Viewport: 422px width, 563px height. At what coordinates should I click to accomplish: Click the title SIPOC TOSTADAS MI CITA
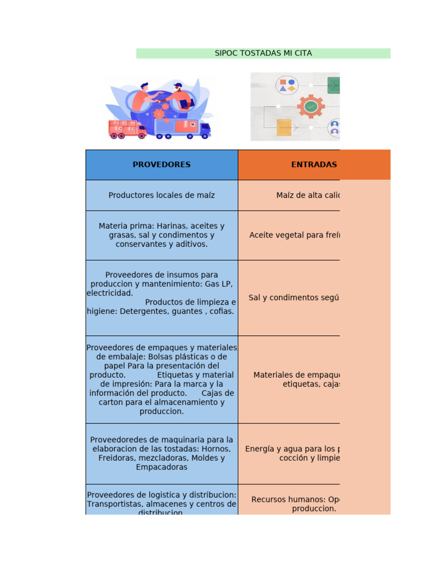click(263, 53)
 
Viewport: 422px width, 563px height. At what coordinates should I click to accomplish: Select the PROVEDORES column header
click(162, 165)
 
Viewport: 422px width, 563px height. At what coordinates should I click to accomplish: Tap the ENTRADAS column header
click(314, 165)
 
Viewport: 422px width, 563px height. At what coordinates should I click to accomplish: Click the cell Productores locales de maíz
click(162, 195)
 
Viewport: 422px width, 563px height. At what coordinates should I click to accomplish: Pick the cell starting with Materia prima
click(162, 235)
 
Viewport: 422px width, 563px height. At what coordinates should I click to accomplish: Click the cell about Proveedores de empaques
click(162, 379)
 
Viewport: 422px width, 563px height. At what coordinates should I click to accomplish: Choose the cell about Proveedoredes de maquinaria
click(162, 453)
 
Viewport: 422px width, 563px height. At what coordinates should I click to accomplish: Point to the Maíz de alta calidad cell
click(308, 195)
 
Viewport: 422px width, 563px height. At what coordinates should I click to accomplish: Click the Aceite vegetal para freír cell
click(295, 235)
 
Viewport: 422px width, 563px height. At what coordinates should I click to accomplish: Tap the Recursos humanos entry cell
click(296, 504)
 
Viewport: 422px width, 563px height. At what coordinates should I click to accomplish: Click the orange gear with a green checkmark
click(310, 106)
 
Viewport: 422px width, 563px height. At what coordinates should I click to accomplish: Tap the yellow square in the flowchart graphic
click(284, 128)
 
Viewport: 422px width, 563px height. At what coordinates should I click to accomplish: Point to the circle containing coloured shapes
click(287, 85)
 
